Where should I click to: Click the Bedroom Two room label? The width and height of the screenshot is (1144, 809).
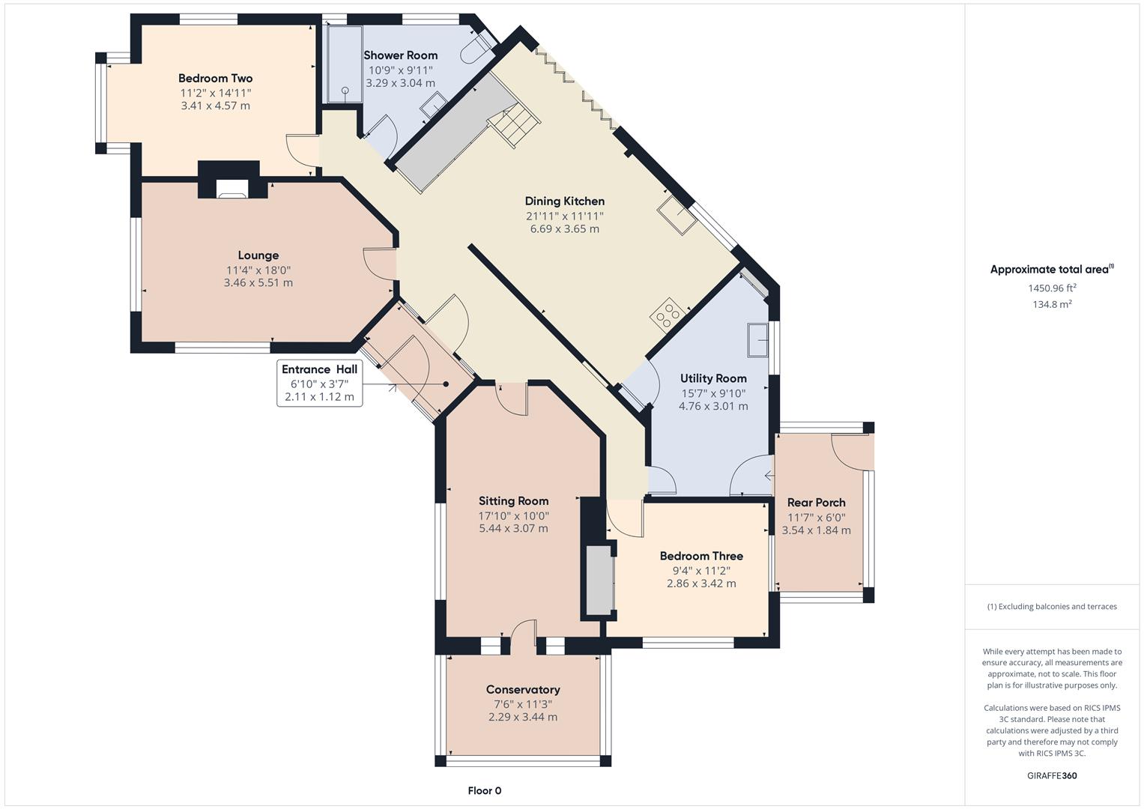215,78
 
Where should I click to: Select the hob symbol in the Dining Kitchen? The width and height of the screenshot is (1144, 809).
665,315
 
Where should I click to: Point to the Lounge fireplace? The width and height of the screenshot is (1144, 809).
232,188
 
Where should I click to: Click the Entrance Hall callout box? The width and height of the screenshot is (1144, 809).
319,384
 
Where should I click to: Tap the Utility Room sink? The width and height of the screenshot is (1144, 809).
757,340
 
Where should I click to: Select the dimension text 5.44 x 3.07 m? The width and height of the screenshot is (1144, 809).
513,528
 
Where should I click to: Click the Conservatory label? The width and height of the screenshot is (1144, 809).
523,689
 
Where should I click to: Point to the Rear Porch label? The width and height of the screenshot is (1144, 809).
816,503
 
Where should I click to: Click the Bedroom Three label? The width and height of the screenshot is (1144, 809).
701,556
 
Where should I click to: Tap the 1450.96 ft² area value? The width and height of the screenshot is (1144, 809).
1051,288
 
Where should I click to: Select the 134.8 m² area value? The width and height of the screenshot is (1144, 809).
1051,304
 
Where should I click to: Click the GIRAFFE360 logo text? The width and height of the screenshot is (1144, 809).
1051,775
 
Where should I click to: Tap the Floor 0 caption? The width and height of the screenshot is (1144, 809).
484,790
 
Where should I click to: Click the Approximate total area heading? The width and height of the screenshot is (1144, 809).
1051,270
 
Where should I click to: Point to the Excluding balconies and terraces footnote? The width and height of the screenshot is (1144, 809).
1051,606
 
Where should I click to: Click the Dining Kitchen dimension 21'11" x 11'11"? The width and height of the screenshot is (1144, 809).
564,216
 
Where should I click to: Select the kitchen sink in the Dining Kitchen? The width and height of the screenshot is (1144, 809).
677,215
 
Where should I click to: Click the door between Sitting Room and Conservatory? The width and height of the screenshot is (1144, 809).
523,634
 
